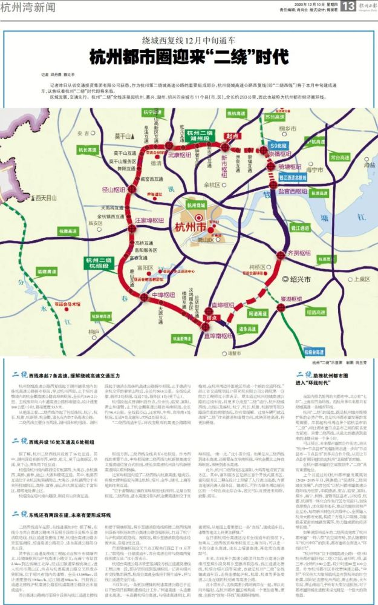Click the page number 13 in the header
pos(348,7)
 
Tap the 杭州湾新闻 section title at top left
pos(30,7)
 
